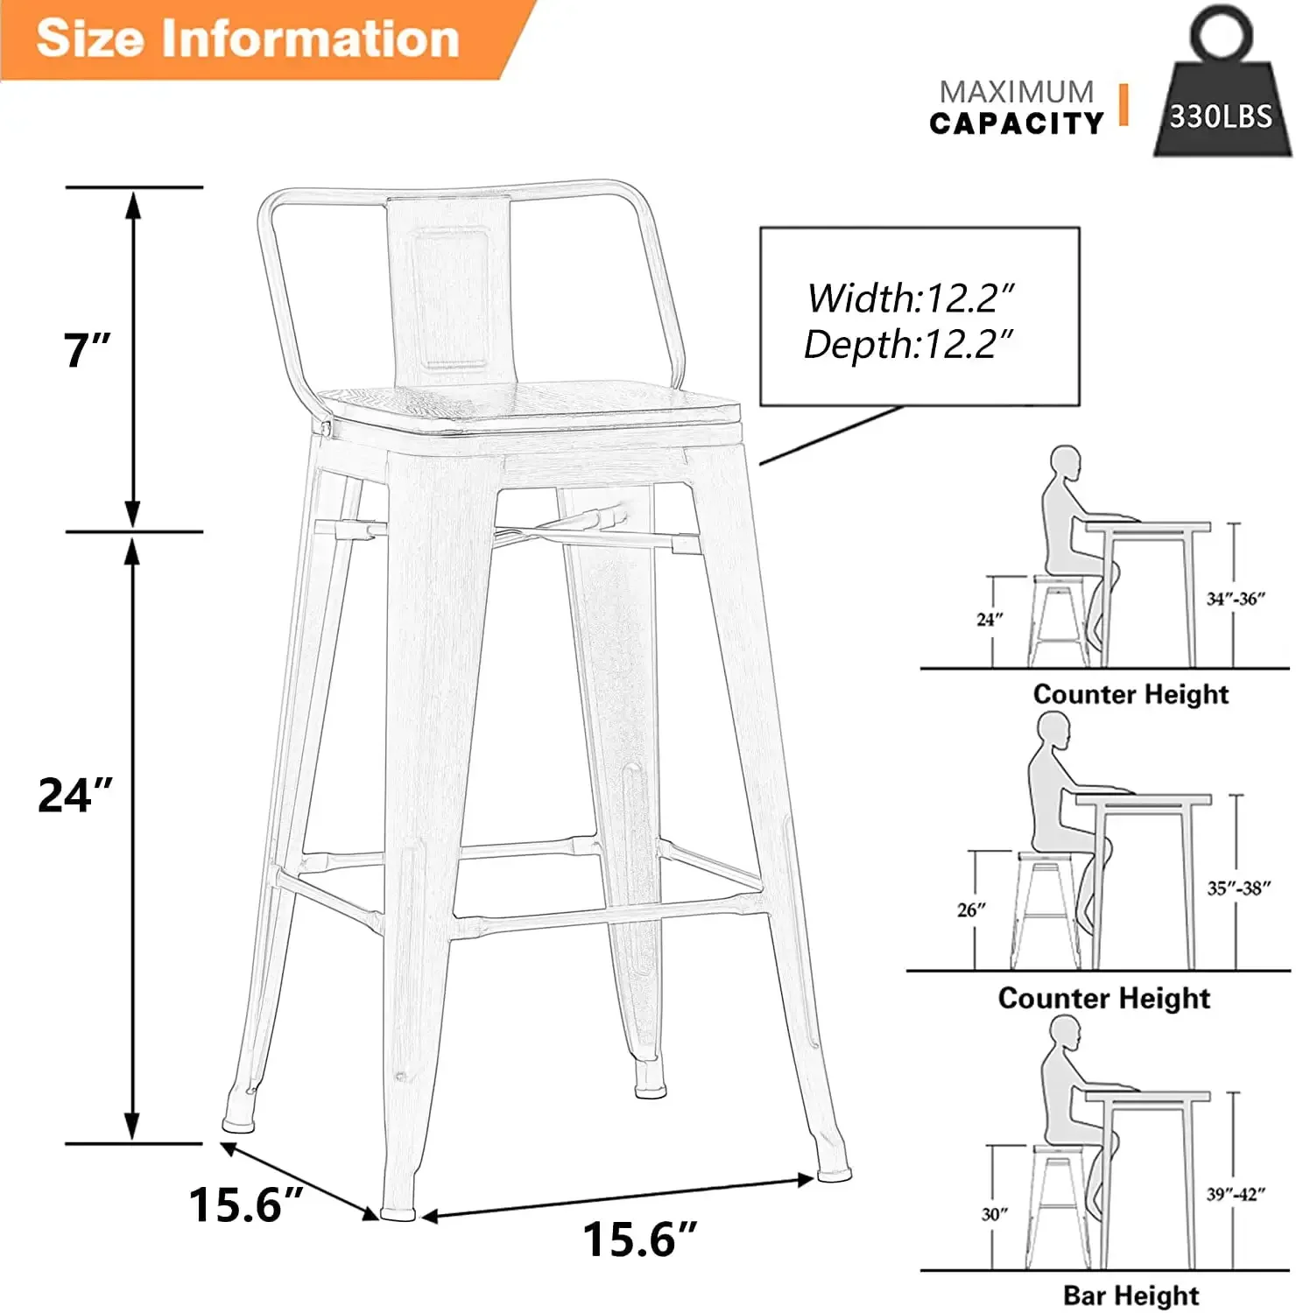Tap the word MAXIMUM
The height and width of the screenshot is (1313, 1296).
coord(1017,92)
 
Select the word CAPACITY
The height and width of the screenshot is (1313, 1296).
coord(1017,123)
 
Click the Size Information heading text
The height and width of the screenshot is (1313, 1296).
coord(248,39)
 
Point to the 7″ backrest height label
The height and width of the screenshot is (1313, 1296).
coord(87,350)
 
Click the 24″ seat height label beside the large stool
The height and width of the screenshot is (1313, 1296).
coord(75,795)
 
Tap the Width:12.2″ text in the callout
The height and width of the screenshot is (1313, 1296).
coord(910,298)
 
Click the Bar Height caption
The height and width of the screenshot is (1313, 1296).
coord(1131,1295)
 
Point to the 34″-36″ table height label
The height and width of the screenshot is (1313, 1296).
coord(1236,599)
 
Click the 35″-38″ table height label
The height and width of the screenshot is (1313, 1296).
coord(1238,888)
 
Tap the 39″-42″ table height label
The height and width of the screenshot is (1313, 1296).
coord(1236,1194)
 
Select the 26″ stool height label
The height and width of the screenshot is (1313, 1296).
coord(971,910)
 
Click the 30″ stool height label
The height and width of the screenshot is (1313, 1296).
coord(994,1214)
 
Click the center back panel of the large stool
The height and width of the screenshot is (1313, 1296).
coord(450,293)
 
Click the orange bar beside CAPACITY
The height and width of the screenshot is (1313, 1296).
coord(1124,105)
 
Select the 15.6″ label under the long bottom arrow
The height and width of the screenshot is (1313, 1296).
coord(639,1239)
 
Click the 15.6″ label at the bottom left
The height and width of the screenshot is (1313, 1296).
coord(246,1204)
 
